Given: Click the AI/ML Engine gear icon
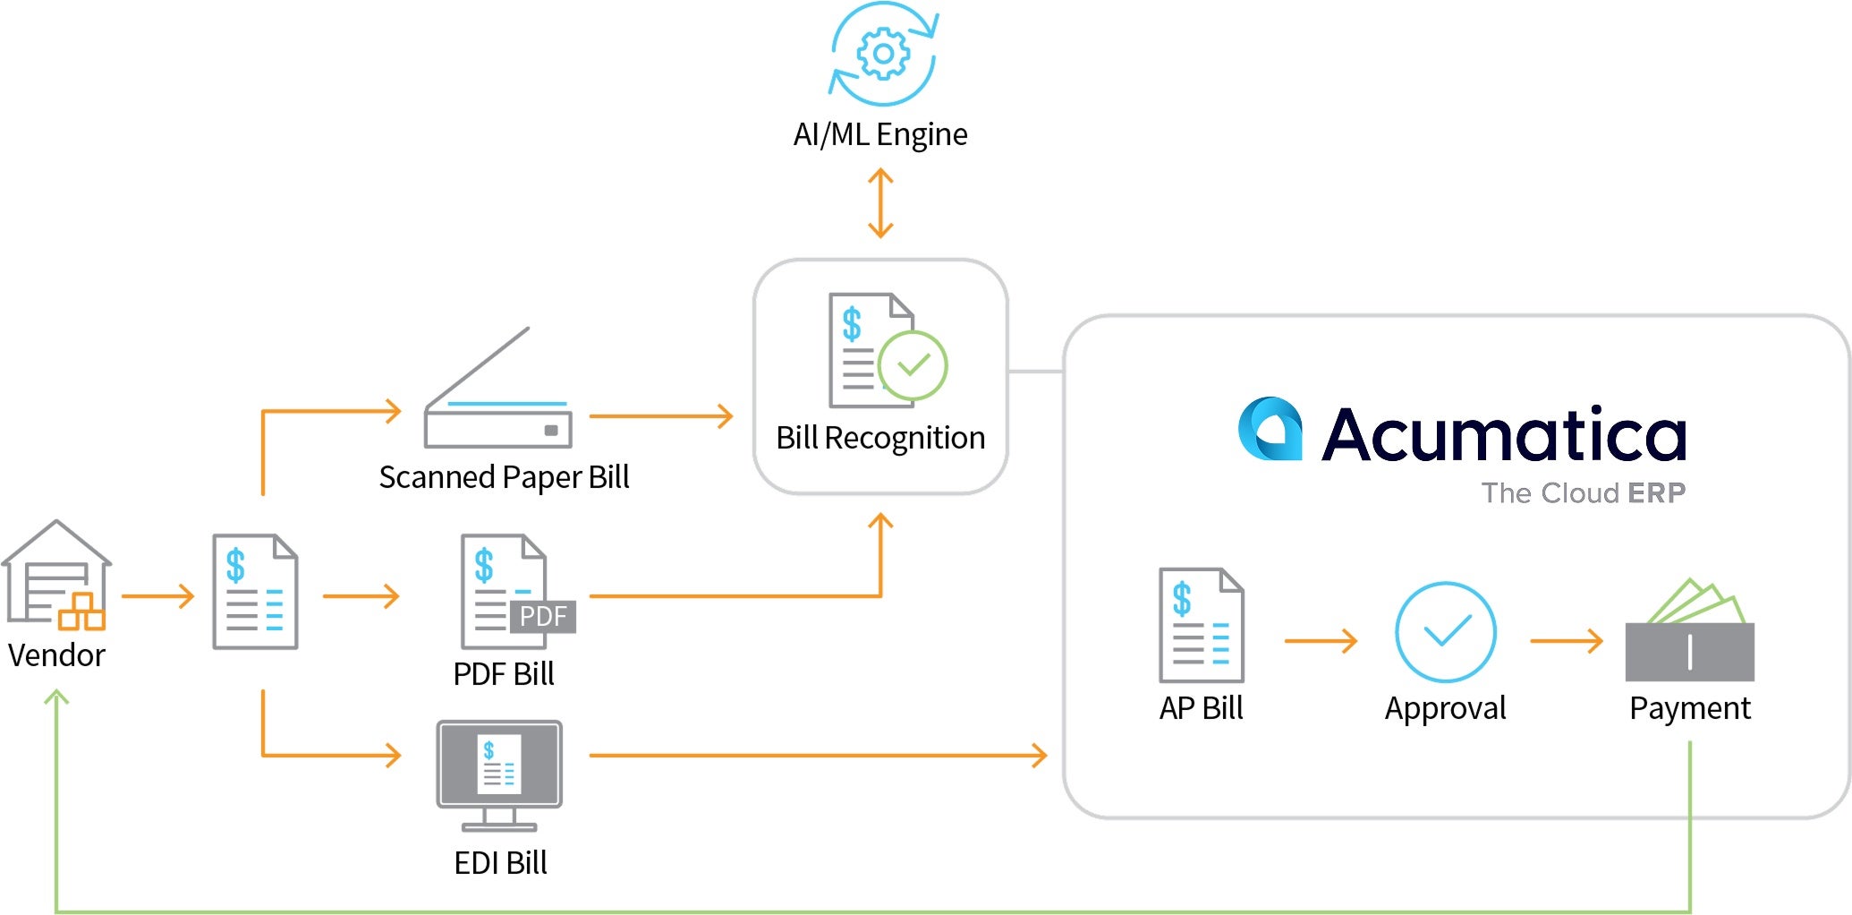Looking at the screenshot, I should click(x=883, y=54).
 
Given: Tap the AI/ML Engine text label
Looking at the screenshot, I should click(x=880, y=134).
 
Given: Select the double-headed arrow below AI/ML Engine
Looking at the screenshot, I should click(x=880, y=203).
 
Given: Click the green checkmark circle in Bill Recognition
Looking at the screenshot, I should click(x=912, y=365).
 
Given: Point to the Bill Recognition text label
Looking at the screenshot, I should click(x=880, y=438).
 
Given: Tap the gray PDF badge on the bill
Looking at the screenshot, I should click(x=542, y=616).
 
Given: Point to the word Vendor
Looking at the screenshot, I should click(x=56, y=655).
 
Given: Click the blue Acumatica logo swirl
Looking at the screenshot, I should click(x=1270, y=429).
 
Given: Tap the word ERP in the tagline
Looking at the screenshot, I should click(x=1656, y=492).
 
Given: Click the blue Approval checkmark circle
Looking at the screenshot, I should click(x=1445, y=631).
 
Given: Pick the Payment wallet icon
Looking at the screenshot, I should click(x=1689, y=634).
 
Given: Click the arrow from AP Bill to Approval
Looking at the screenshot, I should click(x=1321, y=641).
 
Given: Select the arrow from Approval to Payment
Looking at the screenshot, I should click(x=1566, y=641).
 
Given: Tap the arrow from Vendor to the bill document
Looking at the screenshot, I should click(x=157, y=596).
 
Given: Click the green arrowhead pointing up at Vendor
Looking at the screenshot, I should click(x=56, y=697).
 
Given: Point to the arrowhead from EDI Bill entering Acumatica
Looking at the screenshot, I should click(x=1040, y=755).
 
